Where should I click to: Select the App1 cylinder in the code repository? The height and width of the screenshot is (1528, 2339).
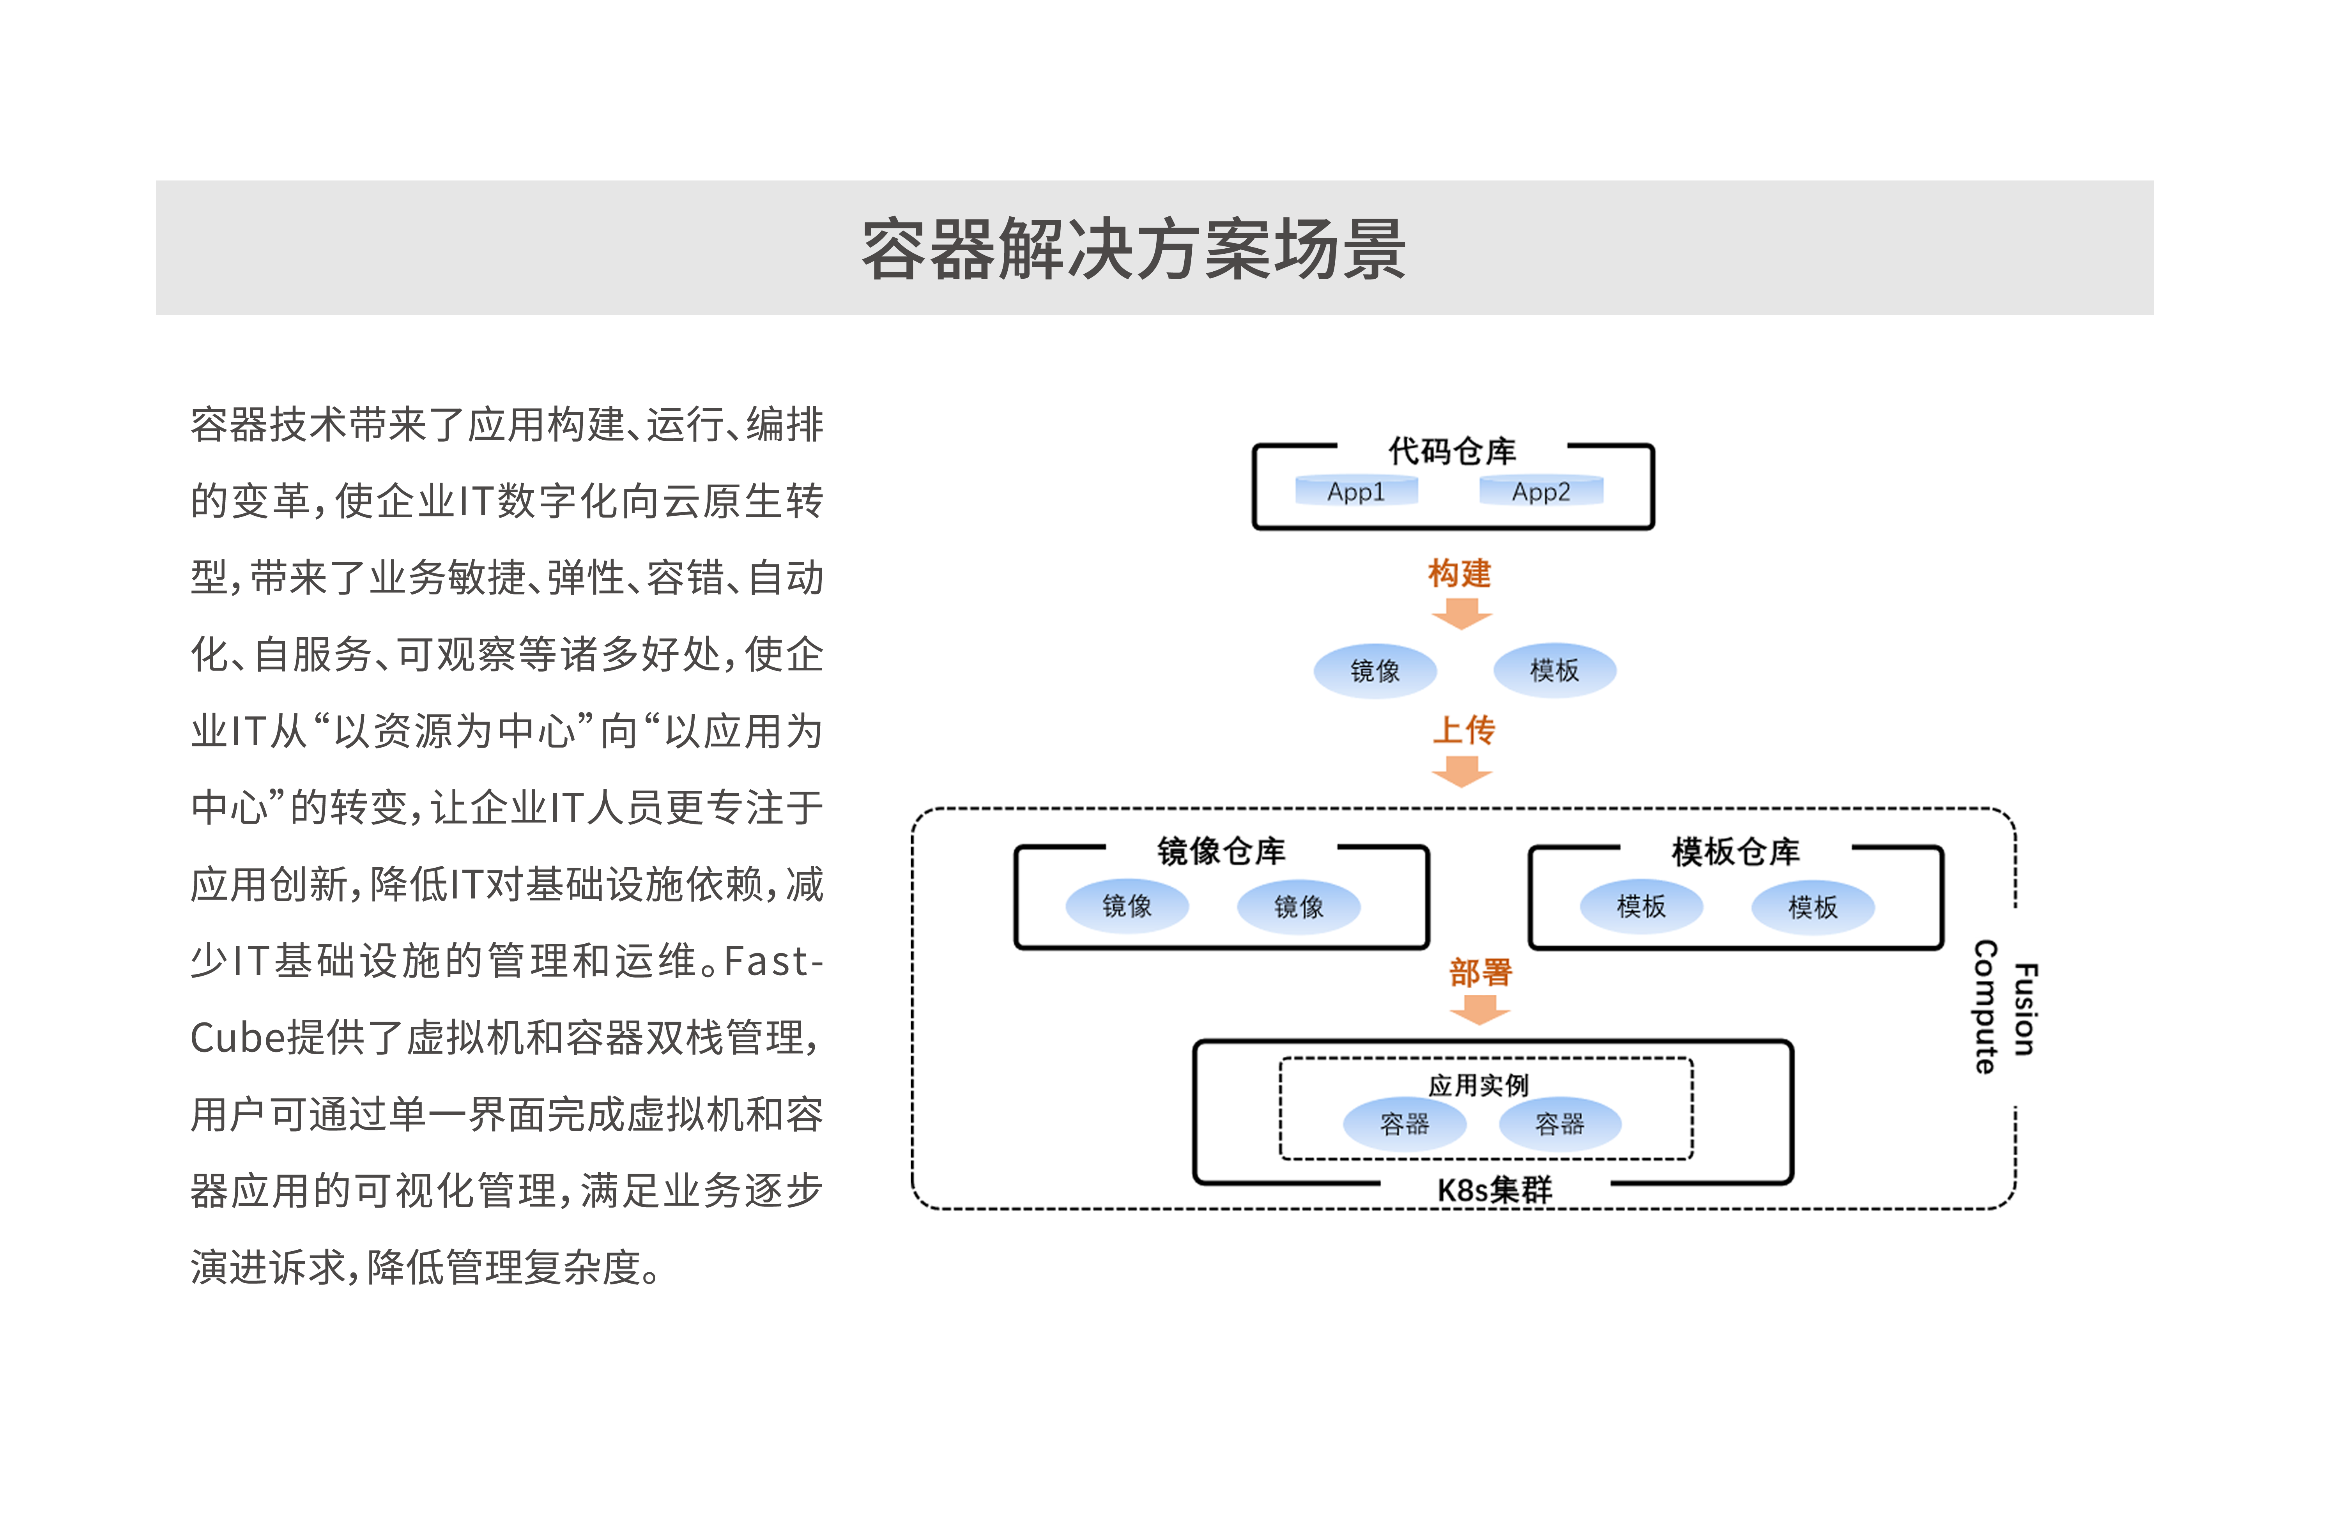pos(1356,490)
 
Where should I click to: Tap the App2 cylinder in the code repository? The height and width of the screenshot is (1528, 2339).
pos(1541,490)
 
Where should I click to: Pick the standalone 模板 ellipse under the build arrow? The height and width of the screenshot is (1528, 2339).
pos(1555,670)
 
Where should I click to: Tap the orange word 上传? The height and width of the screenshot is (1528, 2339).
pos(1463,730)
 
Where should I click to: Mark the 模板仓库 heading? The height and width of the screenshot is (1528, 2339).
pos(1736,851)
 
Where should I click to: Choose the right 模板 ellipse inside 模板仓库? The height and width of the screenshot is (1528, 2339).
pos(1813,906)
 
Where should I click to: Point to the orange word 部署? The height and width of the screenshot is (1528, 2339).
pos(1480,973)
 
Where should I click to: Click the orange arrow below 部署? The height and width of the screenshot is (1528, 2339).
pos(1480,1010)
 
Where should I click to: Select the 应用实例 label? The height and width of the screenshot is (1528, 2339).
pos(1479,1085)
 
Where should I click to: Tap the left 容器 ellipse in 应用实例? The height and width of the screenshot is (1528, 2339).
pos(1405,1124)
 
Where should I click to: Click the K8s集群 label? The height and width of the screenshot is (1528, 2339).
pos(1495,1190)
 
